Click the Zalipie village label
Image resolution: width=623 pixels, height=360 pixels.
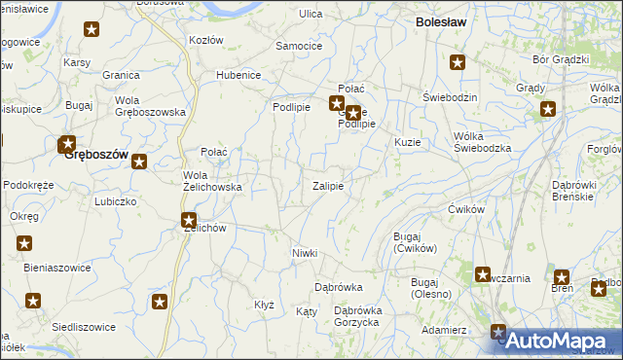(327, 186)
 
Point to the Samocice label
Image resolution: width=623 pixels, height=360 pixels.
(299, 46)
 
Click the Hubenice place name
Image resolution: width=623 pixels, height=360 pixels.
(238, 75)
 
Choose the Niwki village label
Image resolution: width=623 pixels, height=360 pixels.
(305, 253)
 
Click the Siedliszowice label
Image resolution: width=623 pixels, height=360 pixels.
(84, 327)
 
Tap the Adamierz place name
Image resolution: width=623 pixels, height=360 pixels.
(444, 330)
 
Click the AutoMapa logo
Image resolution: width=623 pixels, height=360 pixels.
(559, 341)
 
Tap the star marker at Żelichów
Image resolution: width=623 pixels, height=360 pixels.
(189, 221)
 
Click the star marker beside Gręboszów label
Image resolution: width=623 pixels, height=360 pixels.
(67, 146)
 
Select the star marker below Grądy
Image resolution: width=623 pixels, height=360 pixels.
(547, 110)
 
